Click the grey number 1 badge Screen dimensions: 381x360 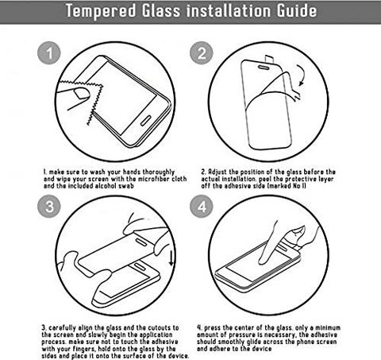coord(49,53)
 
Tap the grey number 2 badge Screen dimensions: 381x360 coord(202,53)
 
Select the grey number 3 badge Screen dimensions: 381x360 coord(49,207)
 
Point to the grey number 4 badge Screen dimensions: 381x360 coord(202,207)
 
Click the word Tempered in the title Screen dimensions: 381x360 coord(101,10)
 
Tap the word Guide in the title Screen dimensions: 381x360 coord(297,10)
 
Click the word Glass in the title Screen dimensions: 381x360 coord(161,10)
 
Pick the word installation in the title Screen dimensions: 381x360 coord(229,10)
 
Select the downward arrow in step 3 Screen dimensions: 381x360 coord(171,258)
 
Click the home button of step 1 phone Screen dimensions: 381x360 coord(145,121)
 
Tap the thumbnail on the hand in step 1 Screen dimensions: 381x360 coord(82,94)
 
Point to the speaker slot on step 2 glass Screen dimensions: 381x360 coord(264,68)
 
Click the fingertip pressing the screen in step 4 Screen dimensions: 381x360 coord(263,261)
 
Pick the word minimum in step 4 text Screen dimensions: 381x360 coord(327,327)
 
